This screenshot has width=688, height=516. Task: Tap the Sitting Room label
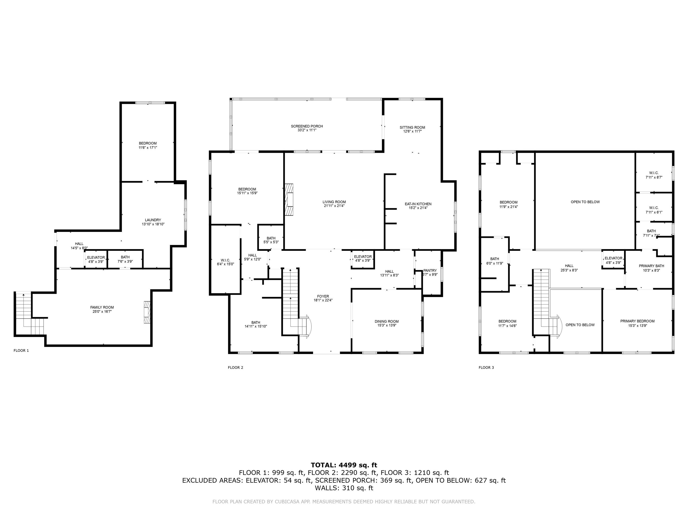point(412,128)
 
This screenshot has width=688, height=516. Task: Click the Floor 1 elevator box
point(96,259)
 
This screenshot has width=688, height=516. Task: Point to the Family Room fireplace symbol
point(147,312)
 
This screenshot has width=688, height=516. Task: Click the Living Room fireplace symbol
point(289,199)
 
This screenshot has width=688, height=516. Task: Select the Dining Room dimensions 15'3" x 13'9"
point(387,325)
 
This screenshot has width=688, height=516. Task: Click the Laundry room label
point(153,220)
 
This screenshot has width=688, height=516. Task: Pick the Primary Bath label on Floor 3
point(651,266)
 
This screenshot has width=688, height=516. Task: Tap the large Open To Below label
point(585,202)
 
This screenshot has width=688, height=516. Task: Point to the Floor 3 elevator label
point(613,258)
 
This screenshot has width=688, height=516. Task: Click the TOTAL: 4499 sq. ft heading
point(344,465)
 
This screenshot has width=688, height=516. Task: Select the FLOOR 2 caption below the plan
point(236,367)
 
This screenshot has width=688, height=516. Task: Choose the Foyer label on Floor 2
point(323,296)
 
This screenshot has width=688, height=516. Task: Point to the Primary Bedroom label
point(637,321)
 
